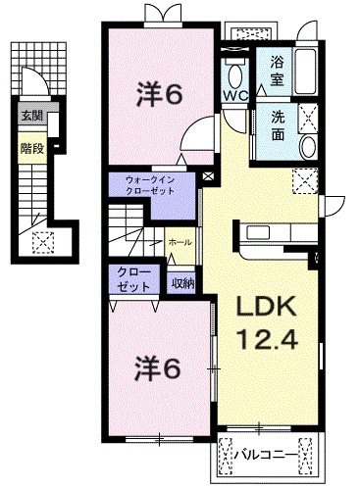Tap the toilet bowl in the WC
pyautogui.click(x=235, y=73)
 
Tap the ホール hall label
pyautogui.click(x=180, y=241)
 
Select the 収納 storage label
pyautogui.click(x=182, y=283)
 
